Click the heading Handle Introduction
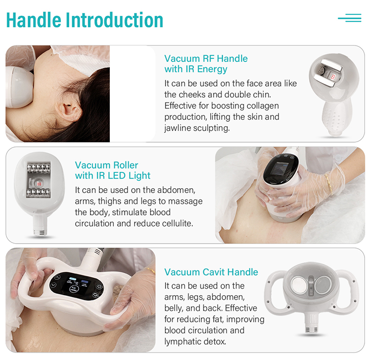pyautogui.click(x=85, y=20)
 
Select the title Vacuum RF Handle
pyautogui.click(x=206, y=58)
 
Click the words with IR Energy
pyautogui.click(x=196, y=69)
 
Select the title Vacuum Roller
pyautogui.click(x=106, y=165)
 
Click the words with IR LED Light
pyautogui.click(x=113, y=176)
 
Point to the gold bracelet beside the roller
pyautogui.click(x=327, y=181)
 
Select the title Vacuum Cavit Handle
pyautogui.click(x=211, y=272)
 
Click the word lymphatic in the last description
pyautogui.click(x=183, y=341)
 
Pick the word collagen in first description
pyautogui.click(x=261, y=106)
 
